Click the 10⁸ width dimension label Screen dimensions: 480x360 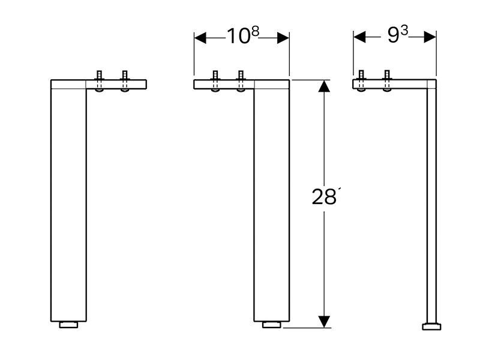[243, 35]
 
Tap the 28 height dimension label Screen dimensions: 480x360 [324, 197]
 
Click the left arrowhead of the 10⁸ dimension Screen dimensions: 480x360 [200, 38]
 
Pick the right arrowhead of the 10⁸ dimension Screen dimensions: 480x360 [283, 38]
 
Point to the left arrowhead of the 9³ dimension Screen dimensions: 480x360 [359, 37]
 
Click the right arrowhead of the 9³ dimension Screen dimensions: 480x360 [430, 37]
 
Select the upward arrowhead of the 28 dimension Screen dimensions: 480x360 [324, 86]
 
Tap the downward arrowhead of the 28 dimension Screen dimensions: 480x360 [324, 322]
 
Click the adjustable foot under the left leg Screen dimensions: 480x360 [68, 325]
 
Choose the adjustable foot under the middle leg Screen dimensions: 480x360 [272, 325]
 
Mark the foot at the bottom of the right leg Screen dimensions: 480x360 [431, 326]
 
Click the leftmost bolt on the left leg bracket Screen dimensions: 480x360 [99, 82]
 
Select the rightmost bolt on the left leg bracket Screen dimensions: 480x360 [125, 82]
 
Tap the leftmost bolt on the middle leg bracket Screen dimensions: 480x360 [215, 82]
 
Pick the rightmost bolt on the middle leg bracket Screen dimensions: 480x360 [241, 82]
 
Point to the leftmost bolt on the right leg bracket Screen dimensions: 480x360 [361, 81]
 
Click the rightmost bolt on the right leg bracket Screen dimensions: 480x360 [387, 81]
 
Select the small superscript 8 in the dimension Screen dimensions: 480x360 [256, 31]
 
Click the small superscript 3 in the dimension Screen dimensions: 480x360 [404, 31]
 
